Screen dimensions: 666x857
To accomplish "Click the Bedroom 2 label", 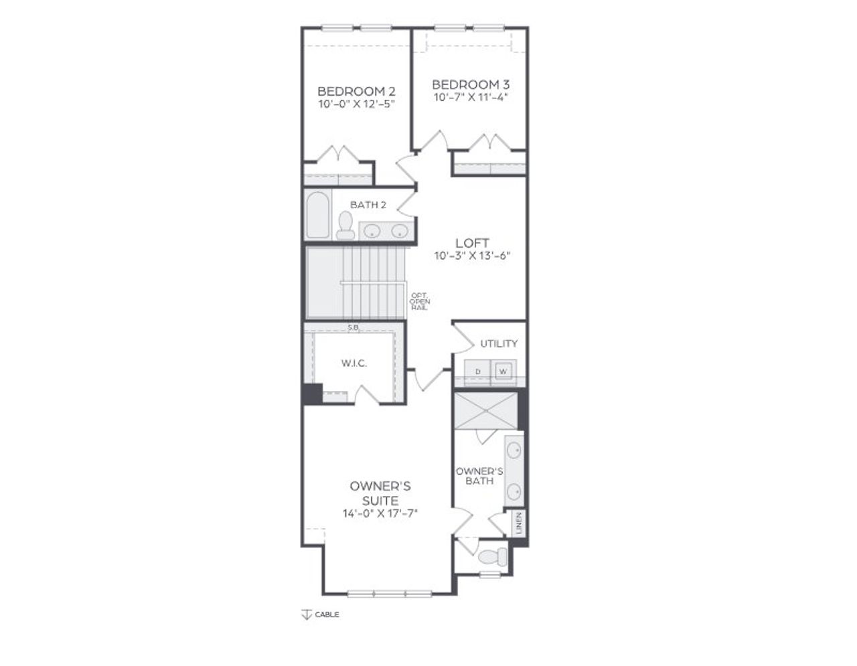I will click(x=356, y=91).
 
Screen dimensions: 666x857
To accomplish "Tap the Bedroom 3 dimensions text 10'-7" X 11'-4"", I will click(x=471, y=97).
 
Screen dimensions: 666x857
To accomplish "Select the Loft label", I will click(x=472, y=243).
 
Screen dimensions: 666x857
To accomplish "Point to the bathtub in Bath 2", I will click(x=318, y=216).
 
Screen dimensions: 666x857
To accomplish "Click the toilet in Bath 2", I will click(x=345, y=226).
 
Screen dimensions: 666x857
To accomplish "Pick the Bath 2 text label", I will click(x=368, y=205).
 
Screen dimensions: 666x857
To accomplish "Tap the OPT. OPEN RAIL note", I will click(x=420, y=301).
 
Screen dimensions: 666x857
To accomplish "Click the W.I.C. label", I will click(x=354, y=363).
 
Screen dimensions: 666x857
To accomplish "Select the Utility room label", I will click(x=499, y=343).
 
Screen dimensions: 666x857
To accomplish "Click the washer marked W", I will click(x=503, y=370).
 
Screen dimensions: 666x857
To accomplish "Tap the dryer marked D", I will click(x=478, y=370).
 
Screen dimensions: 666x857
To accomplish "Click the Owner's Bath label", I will click(x=479, y=476).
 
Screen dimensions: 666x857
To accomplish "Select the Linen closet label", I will click(x=520, y=523).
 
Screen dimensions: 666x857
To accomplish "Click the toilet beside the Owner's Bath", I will click(x=494, y=556).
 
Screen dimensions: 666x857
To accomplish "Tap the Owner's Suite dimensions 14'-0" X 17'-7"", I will click(x=380, y=513).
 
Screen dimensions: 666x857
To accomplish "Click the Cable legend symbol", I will click(x=306, y=614).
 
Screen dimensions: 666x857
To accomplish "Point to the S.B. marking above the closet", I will click(x=354, y=327).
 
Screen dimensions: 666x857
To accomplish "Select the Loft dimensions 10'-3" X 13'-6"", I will click(x=472, y=256).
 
